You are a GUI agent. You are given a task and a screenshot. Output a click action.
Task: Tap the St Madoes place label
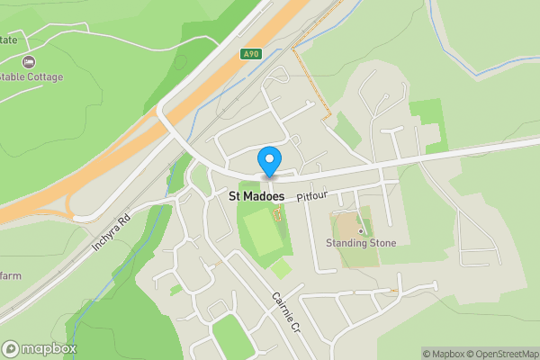coord(256,196)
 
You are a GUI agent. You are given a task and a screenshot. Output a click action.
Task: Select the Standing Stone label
coord(361,243)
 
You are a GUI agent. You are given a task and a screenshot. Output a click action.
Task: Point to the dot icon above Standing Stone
coord(361,230)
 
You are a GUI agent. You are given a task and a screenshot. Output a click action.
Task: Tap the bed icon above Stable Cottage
coord(29,62)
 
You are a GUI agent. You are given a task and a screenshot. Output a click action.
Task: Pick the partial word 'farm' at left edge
coord(11,275)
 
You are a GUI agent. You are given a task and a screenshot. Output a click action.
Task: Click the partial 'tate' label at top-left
coord(9,40)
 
